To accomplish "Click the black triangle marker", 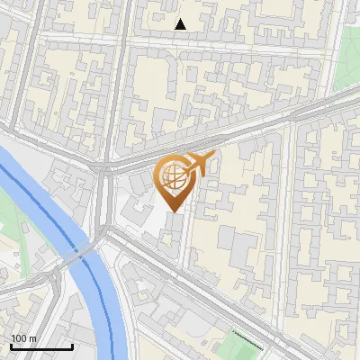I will [x=181, y=24].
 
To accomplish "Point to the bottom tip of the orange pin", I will [x=173, y=212].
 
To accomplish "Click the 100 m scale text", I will [x=23, y=338].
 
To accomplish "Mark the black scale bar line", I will [x=41, y=347].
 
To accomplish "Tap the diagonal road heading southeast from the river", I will [x=225, y=297].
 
